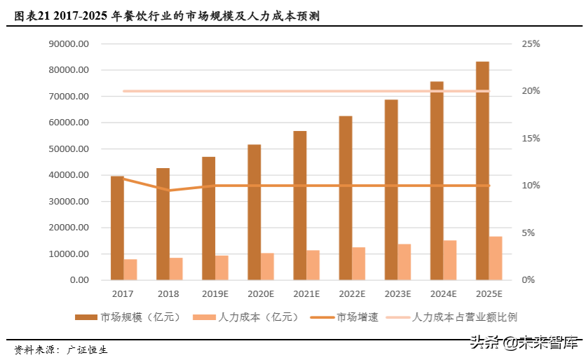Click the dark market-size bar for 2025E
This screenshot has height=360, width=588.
tap(482, 171)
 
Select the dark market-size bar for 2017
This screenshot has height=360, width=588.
tap(117, 228)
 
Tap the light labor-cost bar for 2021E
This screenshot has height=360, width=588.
tap(313, 265)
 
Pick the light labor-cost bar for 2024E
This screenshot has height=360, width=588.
tap(450, 260)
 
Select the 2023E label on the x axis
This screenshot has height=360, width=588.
tap(397, 293)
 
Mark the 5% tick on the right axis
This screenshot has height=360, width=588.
tap(528, 233)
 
